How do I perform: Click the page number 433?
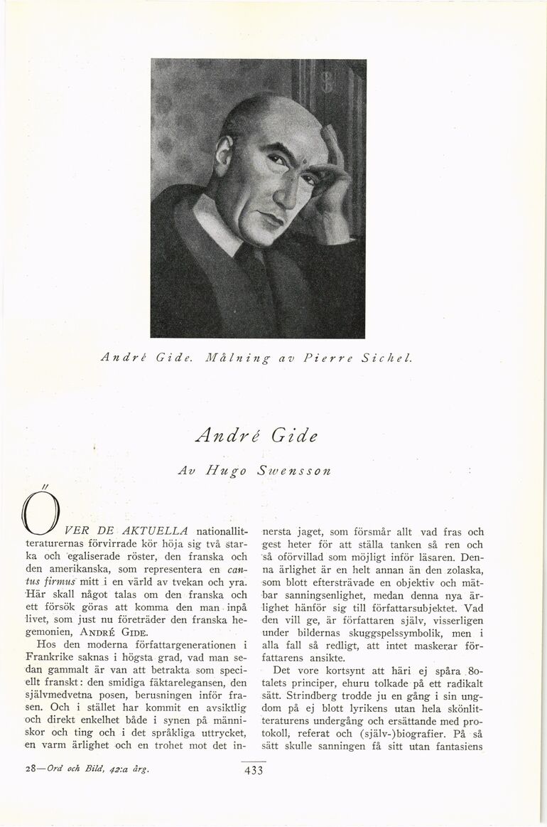(253, 772)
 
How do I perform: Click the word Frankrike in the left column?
(48, 659)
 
